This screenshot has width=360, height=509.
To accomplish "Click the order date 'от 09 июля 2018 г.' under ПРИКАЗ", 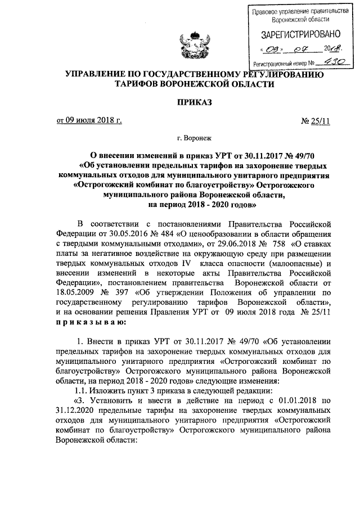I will [88, 120].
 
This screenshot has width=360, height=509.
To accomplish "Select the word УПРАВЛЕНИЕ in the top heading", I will [100, 74].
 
